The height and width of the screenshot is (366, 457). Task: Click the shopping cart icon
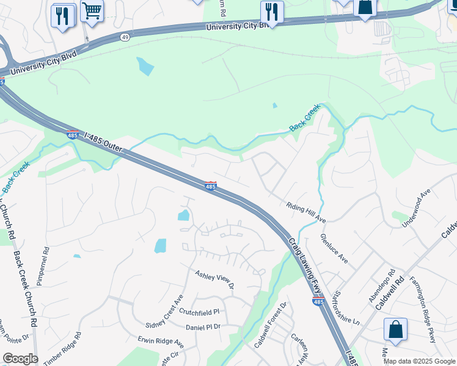pos(92,10)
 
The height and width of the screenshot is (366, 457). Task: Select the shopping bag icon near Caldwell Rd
pos(395,329)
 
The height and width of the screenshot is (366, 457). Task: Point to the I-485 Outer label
pos(100,142)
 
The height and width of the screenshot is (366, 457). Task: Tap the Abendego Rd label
pos(389,281)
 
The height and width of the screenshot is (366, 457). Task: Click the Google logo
pos(20,359)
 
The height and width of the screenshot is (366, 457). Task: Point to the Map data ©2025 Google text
pos(419,361)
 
